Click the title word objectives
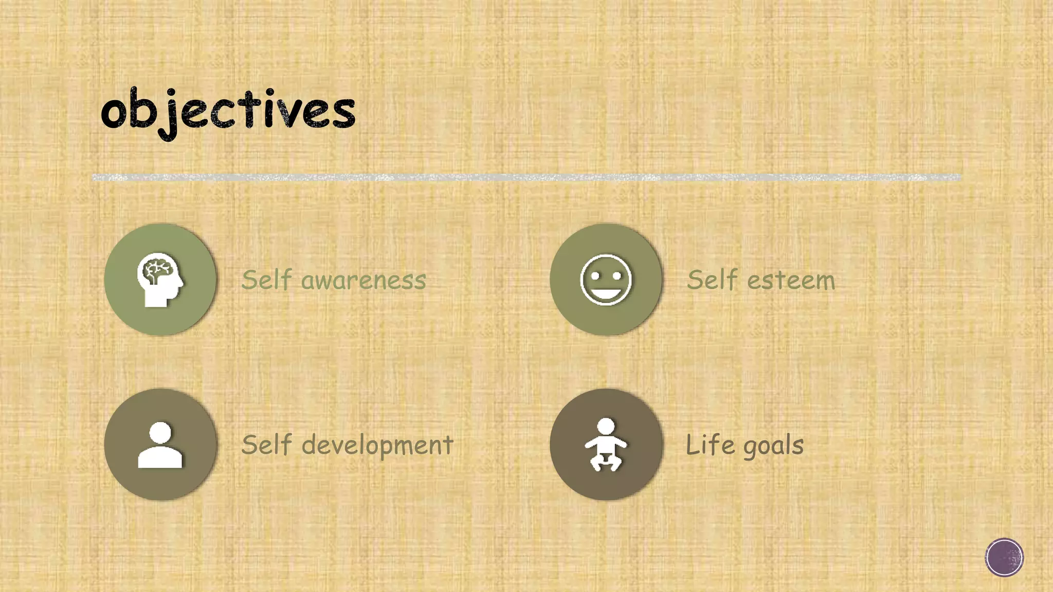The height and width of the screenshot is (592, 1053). tap(228, 111)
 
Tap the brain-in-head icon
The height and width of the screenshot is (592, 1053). tap(160, 280)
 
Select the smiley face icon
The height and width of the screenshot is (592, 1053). tap(606, 280)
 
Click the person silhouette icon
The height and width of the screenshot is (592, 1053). tap(160, 445)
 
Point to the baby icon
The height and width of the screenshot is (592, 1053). tap(606, 445)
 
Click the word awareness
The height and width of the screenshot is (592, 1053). tap(364, 281)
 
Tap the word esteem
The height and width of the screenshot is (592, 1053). tap(791, 281)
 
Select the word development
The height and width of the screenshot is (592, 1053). tap(377, 446)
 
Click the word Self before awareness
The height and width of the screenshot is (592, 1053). tap(266, 280)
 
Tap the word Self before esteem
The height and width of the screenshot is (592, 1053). tap(712, 280)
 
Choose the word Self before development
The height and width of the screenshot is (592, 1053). tap(266, 445)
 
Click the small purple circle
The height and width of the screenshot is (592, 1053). tap(1004, 558)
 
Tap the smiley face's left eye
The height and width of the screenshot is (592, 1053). tap(595, 276)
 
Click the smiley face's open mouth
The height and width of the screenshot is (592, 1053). tap(606, 293)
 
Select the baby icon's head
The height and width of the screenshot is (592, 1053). tap(606, 426)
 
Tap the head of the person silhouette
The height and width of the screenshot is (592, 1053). tap(160, 432)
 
